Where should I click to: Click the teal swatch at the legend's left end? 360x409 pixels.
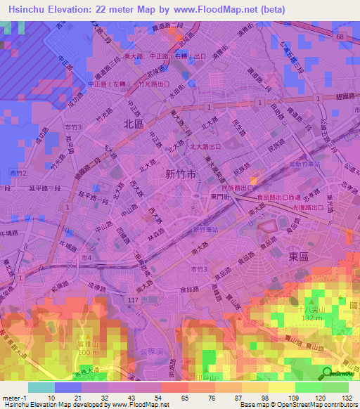[41, 387]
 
